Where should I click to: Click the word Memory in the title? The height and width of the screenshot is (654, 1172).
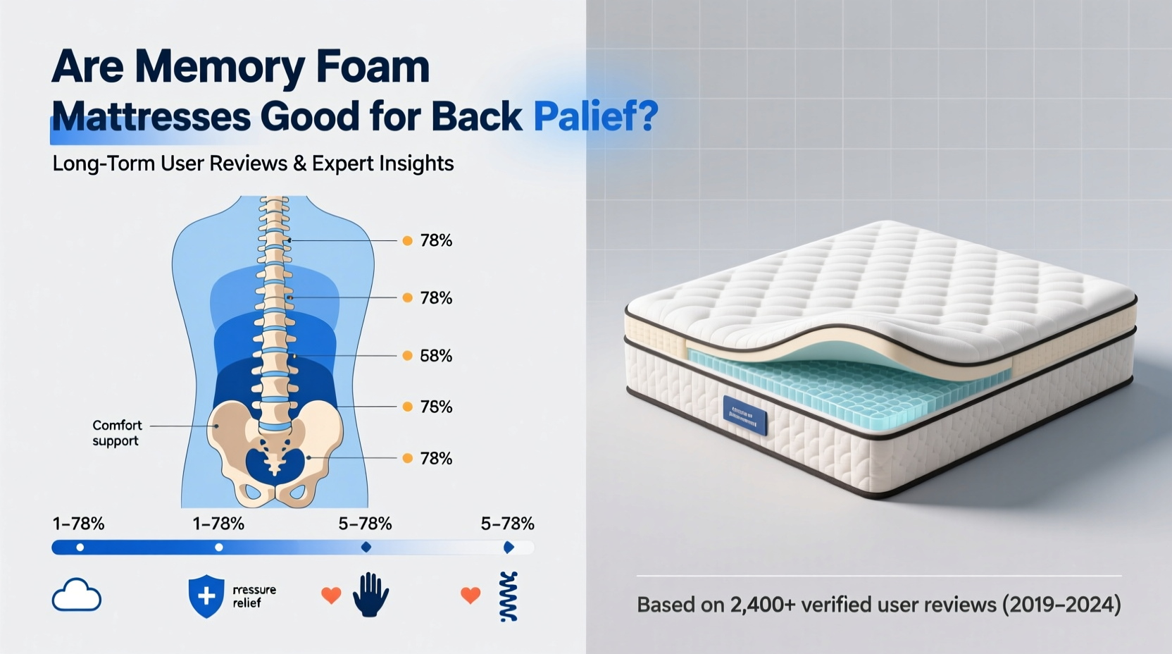click(219, 68)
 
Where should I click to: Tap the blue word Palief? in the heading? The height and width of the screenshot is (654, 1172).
click(595, 116)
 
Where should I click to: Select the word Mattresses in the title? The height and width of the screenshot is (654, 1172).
click(151, 116)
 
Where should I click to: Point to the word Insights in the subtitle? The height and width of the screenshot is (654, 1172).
click(416, 163)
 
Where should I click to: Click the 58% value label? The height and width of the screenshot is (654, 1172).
click(436, 356)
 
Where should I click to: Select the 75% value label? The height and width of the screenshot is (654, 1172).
click(436, 407)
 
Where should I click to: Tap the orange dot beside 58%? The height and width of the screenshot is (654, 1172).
click(407, 356)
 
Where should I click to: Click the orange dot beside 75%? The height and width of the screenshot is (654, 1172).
click(407, 407)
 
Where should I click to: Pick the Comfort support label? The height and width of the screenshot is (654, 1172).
click(117, 433)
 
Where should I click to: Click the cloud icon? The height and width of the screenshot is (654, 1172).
click(77, 596)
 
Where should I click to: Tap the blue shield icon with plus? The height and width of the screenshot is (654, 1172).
click(206, 596)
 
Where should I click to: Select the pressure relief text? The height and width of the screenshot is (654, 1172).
click(254, 596)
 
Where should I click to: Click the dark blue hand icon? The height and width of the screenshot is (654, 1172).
click(370, 595)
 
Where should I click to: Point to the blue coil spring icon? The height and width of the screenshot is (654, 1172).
click(509, 596)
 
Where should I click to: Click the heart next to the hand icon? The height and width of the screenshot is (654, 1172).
click(331, 596)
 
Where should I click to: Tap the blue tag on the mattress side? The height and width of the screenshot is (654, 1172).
click(744, 416)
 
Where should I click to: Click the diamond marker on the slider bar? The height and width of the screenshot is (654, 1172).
click(366, 547)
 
